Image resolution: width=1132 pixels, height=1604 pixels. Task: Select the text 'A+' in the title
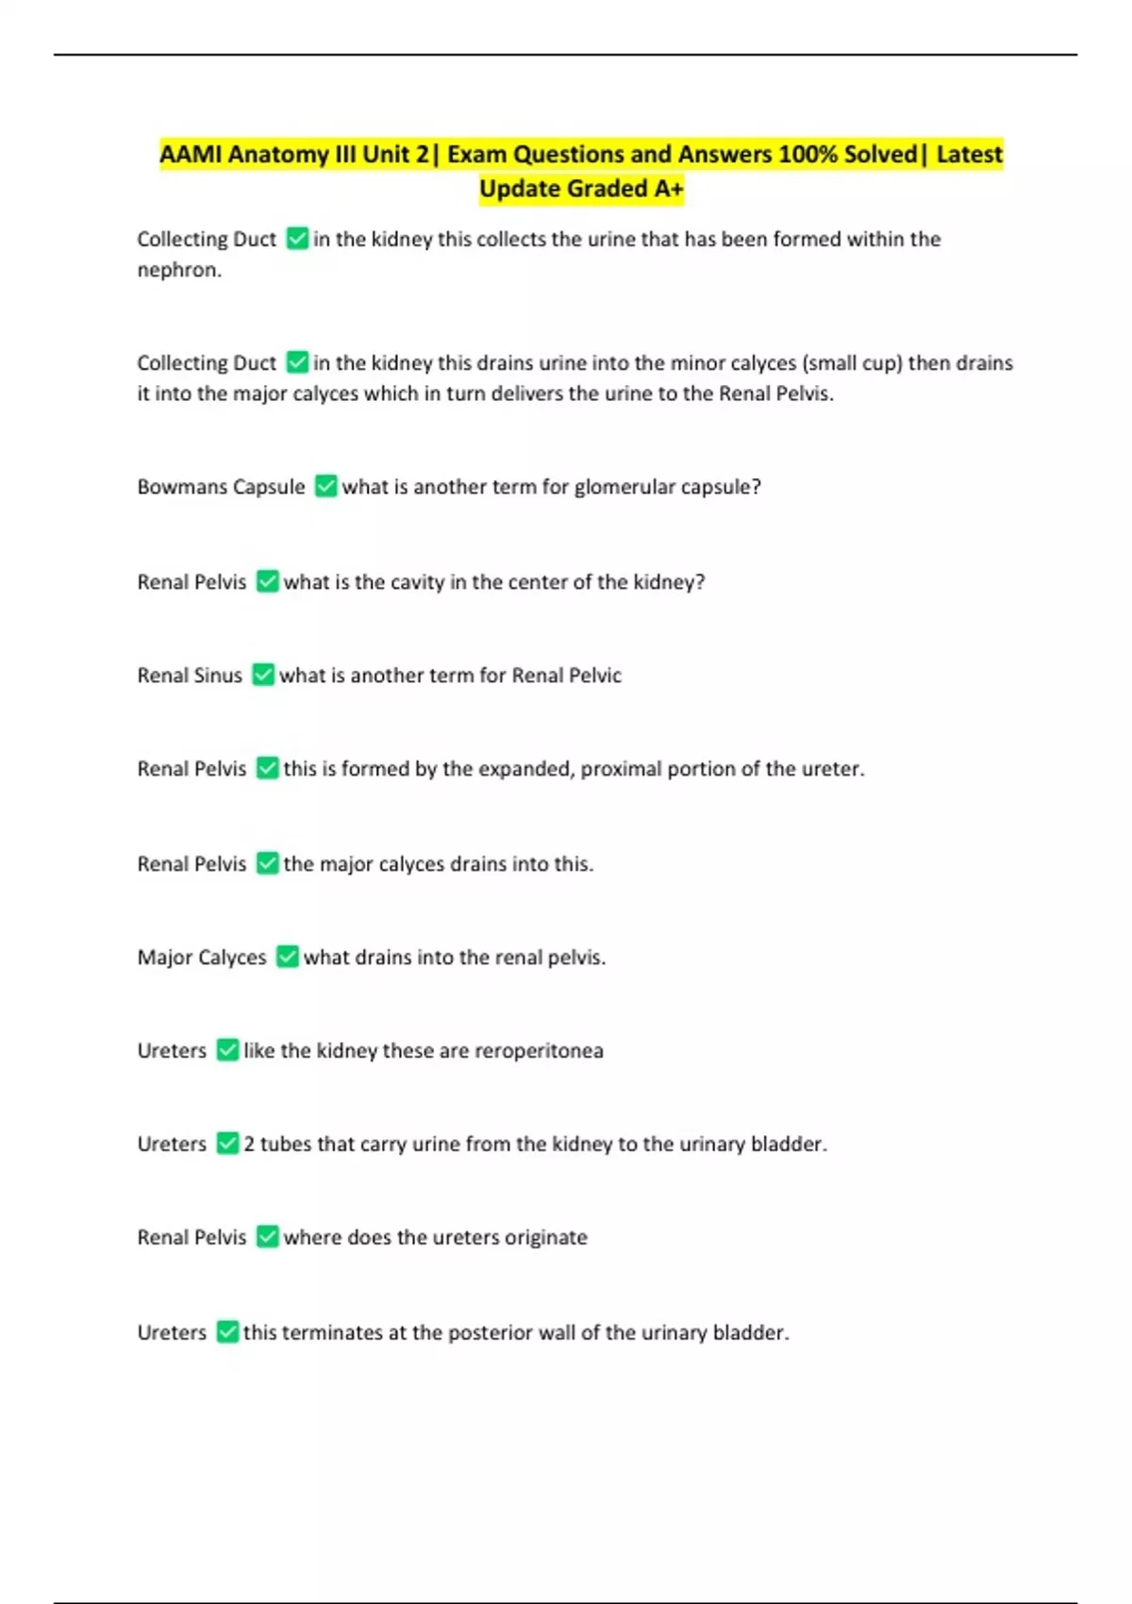668,189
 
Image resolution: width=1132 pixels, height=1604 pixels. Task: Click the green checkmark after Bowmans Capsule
325,486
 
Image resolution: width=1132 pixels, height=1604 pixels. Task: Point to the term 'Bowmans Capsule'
221,487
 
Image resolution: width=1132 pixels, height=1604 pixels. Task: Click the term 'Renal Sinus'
190,676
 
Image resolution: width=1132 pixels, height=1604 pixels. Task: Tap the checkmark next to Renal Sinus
263,675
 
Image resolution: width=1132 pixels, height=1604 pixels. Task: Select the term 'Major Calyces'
202,958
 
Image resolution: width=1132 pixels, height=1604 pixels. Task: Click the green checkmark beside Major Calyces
288,957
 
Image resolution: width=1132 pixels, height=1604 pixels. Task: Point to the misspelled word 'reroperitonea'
539,1051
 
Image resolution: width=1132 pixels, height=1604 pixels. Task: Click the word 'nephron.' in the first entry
179,270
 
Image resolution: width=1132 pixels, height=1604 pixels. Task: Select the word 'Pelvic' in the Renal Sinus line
593,676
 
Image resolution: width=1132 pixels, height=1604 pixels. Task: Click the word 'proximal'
621,769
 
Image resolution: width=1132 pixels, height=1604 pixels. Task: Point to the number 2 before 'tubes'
249,1145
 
